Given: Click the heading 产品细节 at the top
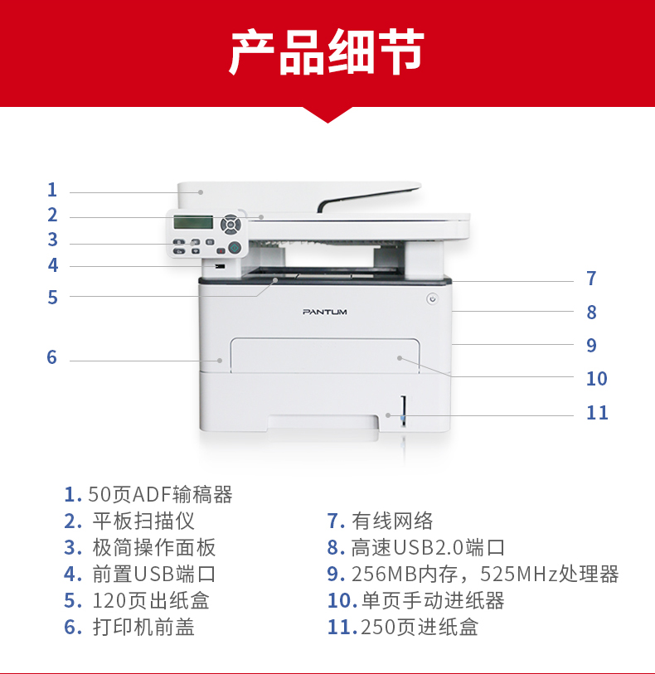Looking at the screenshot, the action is [x=327, y=51].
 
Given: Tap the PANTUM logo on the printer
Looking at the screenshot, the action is [x=325, y=312].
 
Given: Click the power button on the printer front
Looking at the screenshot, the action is [x=432, y=298].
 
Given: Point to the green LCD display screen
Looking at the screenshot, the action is [x=193, y=222].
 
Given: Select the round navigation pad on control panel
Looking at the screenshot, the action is [x=230, y=224].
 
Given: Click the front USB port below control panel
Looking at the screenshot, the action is [x=220, y=266].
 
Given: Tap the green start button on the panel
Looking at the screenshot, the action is [x=235, y=248].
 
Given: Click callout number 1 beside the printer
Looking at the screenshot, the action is [x=52, y=190].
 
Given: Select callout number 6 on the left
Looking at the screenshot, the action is [x=51, y=356].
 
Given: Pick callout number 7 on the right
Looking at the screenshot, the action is [x=591, y=278].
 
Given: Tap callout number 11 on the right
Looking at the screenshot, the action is [x=597, y=412].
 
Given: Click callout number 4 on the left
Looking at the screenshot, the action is [x=53, y=264].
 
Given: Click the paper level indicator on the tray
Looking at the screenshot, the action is [x=403, y=411].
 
